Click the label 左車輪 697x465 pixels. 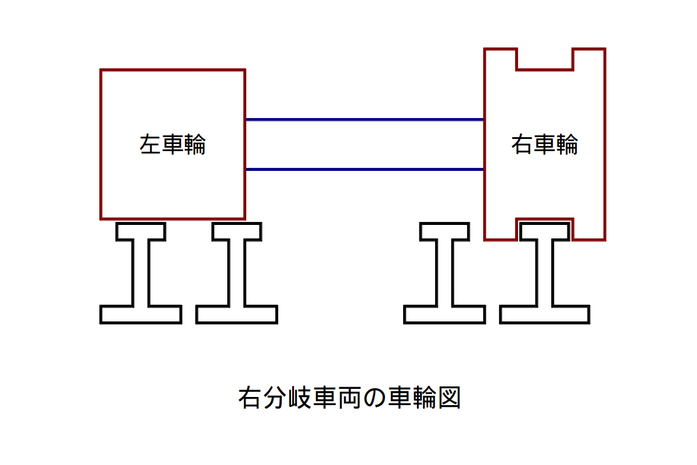coord(173,145)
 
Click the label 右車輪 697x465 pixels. coord(545,145)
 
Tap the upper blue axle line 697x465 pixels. coord(365,120)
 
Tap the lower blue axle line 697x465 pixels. coord(365,170)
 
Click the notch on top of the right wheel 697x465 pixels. coord(545,59)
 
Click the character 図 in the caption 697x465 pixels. coord(449,398)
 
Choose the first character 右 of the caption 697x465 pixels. coord(249,398)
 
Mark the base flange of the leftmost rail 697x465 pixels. coord(141,314)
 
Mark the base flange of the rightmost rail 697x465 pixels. coord(544,314)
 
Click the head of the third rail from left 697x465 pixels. coord(444,231)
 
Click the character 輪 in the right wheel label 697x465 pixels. coord(567,145)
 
